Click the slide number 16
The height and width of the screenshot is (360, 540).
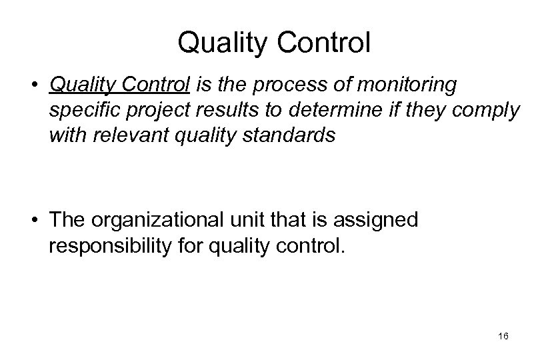click(x=503, y=338)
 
